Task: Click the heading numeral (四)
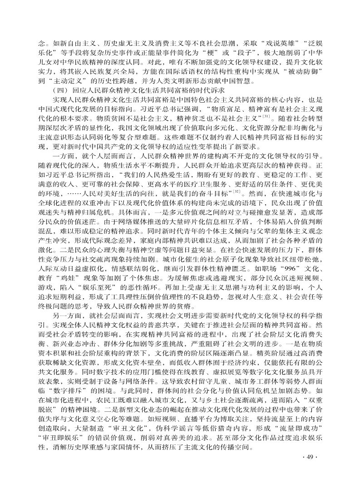click(60, 90)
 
